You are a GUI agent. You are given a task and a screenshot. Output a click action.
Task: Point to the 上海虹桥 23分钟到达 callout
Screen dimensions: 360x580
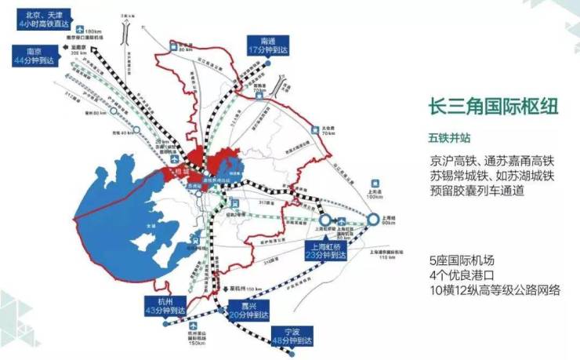326,249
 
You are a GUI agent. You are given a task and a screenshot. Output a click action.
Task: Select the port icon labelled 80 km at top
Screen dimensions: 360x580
174,48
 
